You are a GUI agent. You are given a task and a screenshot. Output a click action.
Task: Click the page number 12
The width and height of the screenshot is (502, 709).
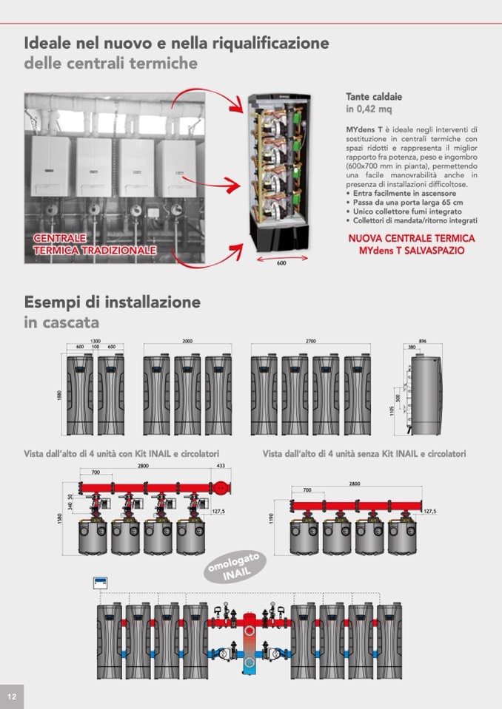(x=12, y=696)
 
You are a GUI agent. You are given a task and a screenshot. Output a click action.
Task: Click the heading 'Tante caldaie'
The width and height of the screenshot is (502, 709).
(x=374, y=97)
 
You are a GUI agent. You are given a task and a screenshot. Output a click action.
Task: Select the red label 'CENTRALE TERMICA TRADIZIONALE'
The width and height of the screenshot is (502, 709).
(x=94, y=245)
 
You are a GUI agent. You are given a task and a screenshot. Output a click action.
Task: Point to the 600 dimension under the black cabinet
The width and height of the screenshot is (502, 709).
(x=281, y=263)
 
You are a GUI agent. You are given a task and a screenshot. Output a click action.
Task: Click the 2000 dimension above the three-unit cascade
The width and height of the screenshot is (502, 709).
(x=187, y=342)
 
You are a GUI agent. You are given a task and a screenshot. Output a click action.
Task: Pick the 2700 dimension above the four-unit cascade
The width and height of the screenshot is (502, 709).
(x=310, y=342)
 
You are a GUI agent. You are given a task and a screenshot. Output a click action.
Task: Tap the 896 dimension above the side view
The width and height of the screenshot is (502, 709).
(x=423, y=342)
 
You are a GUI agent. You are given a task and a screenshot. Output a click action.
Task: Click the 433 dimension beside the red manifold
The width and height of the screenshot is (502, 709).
(x=220, y=466)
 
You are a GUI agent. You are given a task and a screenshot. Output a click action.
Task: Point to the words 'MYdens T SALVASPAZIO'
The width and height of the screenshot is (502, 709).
(x=412, y=251)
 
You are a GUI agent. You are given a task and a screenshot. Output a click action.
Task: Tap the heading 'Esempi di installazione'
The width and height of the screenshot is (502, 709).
(x=112, y=302)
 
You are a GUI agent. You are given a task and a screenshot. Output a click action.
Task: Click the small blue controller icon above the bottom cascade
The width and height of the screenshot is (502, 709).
(x=101, y=583)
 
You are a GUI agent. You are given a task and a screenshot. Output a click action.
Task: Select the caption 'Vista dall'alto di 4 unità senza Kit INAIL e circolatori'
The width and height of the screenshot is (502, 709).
(x=364, y=454)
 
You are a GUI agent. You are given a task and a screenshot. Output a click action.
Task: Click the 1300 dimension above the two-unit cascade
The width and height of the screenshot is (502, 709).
(x=96, y=342)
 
